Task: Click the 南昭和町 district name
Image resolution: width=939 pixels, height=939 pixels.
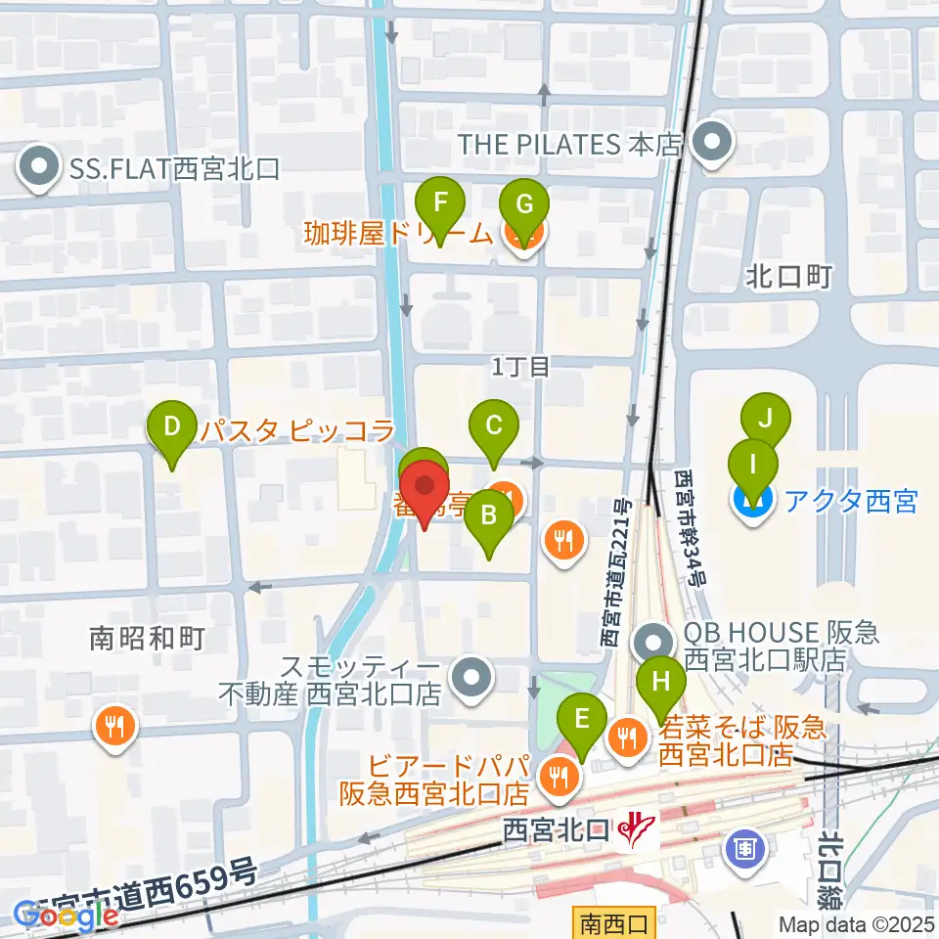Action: pos(147,639)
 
